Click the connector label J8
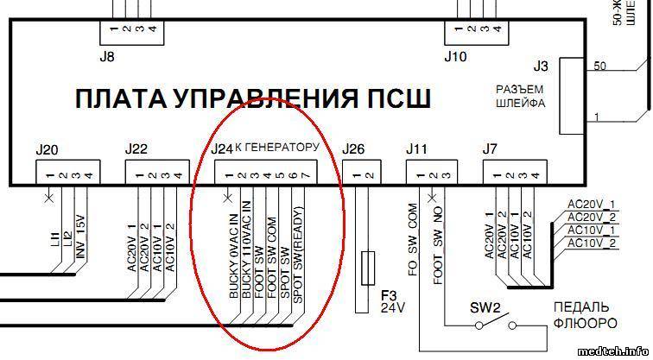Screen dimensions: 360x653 [108, 59]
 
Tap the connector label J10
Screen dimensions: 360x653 [455, 59]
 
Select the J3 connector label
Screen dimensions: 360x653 [541, 65]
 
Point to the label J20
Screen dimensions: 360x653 [48, 149]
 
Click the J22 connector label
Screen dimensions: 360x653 [136, 149]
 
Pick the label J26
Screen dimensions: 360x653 [354, 149]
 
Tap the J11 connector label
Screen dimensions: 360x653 [417, 149]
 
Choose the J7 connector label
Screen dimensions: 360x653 [490, 149]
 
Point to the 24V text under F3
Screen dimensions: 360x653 [391, 306]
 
